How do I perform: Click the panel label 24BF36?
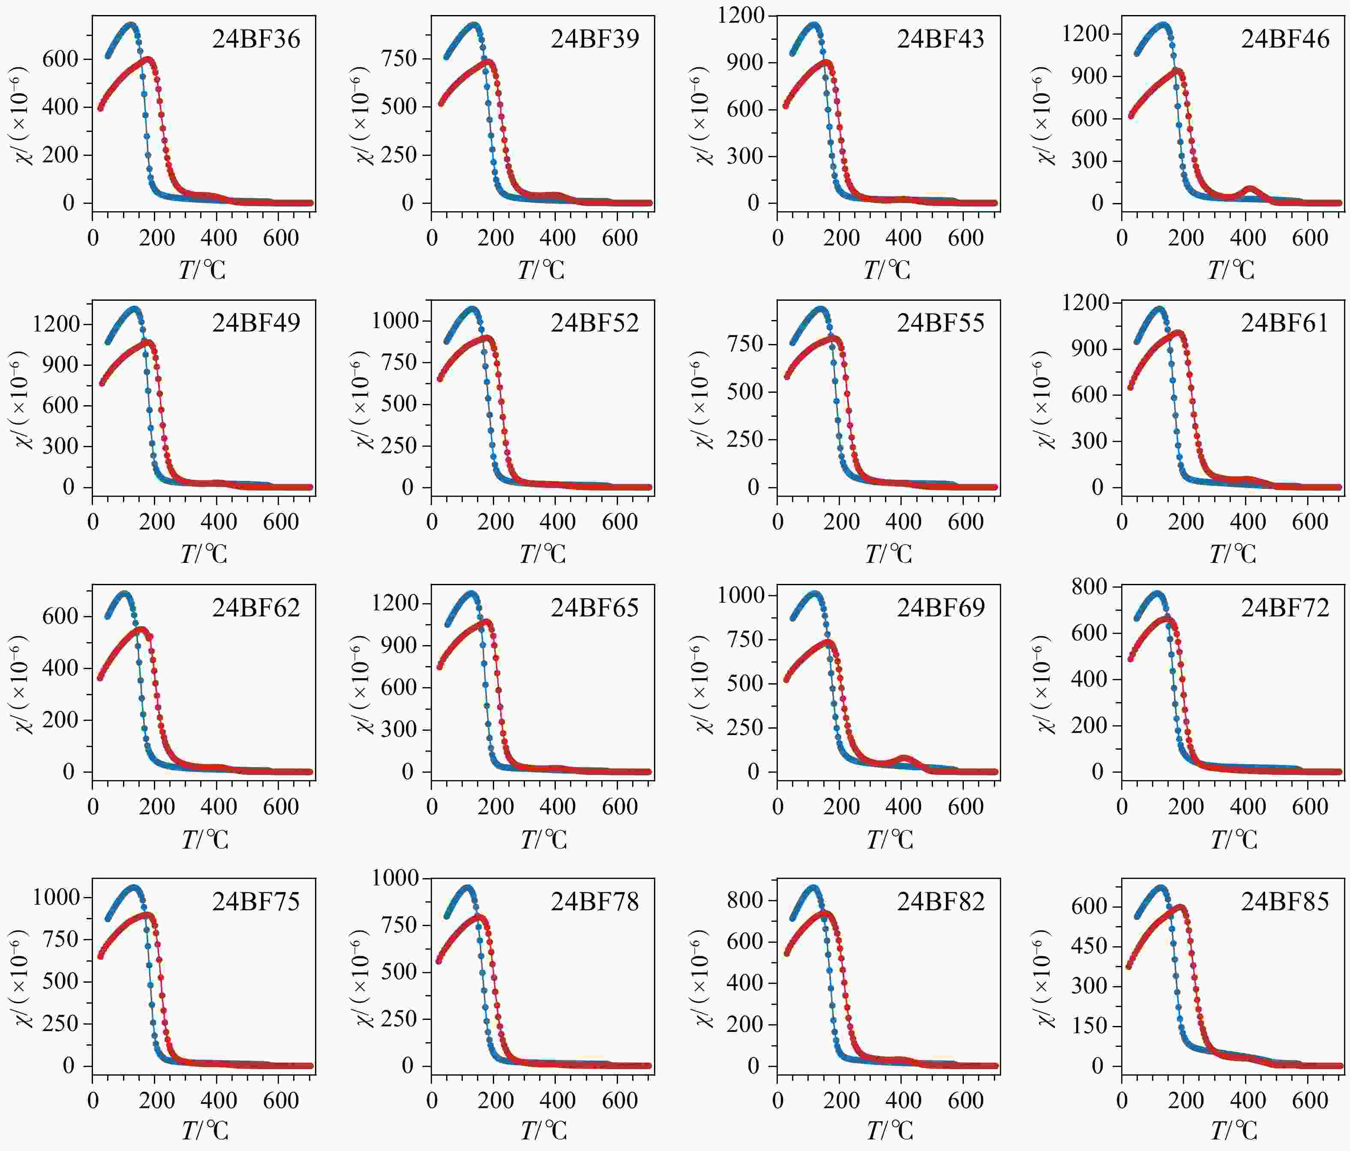click(256, 39)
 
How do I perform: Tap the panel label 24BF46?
click(1285, 39)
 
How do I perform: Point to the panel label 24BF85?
click(1285, 902)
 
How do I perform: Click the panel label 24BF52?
click(595, 323)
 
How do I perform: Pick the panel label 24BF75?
click(256, 902)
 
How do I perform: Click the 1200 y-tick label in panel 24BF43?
click(741, 15)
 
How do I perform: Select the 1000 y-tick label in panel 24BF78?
click(396, 878)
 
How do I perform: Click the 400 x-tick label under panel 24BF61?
click(1248, 522)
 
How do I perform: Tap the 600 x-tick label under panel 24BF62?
click(281, 807)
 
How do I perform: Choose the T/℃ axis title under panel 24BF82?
click(889, 1131)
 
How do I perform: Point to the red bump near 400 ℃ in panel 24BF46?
click(1250, 191)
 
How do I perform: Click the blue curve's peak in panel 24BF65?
click(471, 593)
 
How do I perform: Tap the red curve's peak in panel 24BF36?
click(149, 60)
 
